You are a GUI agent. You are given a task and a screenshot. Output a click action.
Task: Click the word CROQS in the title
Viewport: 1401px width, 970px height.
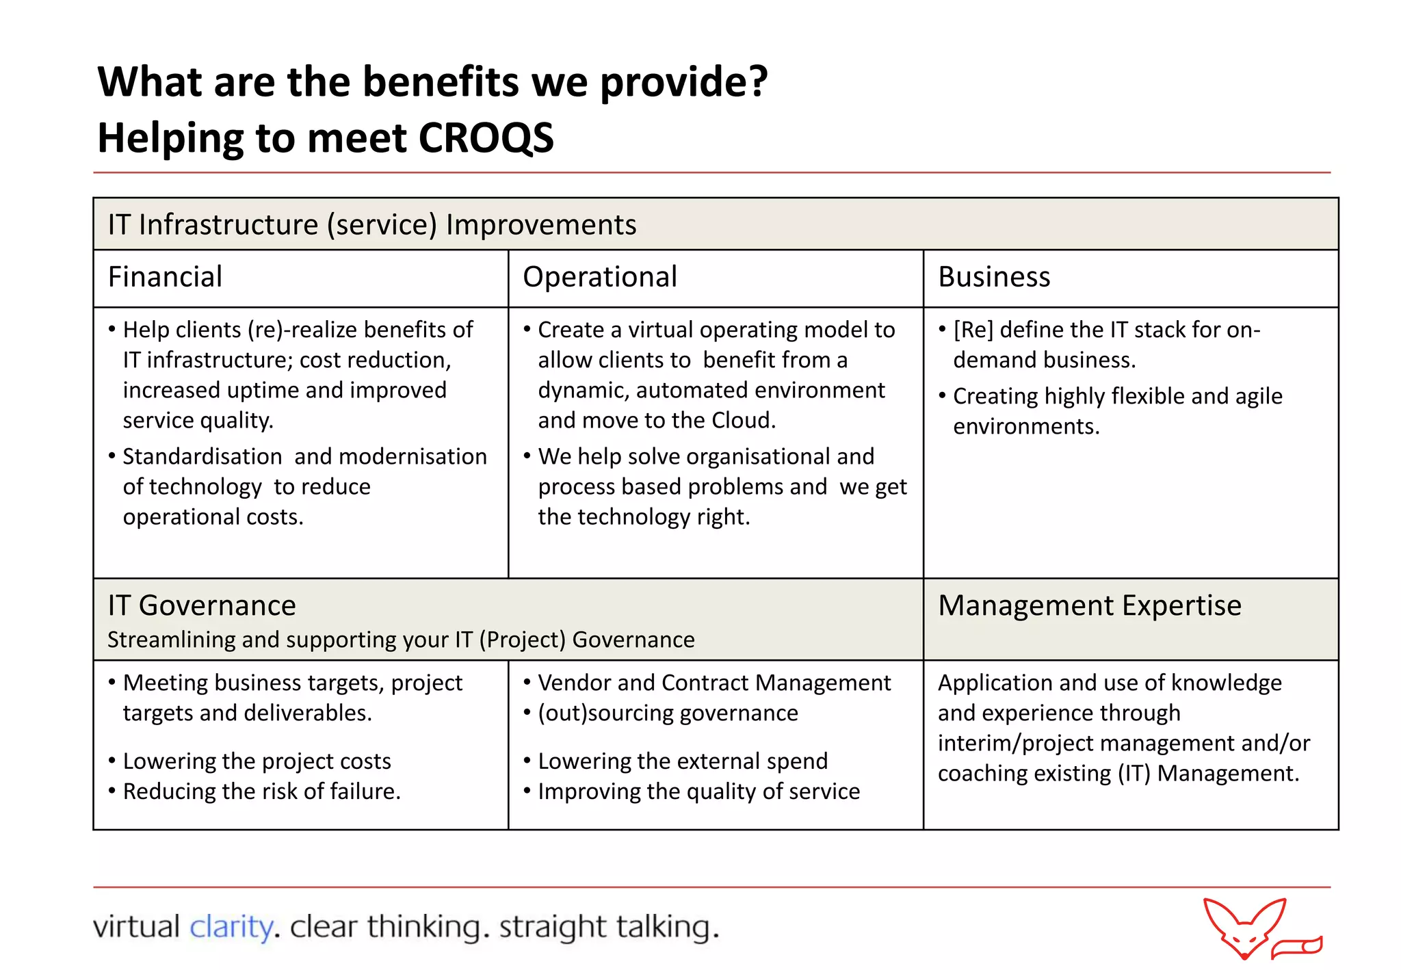click(486, 138)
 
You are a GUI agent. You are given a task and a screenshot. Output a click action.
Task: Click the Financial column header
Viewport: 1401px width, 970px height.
click(165, 277)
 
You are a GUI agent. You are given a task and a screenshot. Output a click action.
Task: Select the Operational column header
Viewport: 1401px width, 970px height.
click(599, 277)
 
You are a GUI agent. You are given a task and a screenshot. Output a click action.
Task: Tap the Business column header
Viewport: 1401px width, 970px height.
click(993, 277)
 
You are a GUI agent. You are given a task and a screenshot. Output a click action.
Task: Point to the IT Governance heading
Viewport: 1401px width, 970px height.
click(202, 605)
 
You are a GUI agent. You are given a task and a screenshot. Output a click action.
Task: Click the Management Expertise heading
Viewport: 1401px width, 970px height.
click(1089, 605)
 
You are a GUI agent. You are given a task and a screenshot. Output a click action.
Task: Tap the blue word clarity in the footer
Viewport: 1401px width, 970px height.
click(231, 927)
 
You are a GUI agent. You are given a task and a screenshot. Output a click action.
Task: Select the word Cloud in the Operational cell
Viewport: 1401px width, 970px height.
click(742, 420)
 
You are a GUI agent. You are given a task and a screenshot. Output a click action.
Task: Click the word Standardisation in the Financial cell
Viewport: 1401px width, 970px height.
click(202, 456)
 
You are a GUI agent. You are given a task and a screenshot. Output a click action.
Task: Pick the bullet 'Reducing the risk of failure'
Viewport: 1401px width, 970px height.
click(261, 791)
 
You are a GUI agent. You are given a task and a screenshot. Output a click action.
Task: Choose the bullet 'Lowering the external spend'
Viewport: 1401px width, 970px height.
click(682, 761)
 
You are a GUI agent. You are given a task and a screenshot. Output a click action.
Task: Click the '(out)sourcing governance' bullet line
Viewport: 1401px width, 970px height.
click(668, 713)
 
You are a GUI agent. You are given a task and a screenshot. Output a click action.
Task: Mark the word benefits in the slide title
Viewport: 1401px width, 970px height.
click(441, 82)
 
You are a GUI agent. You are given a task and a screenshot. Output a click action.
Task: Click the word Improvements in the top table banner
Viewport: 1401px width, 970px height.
click(540, 225)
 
